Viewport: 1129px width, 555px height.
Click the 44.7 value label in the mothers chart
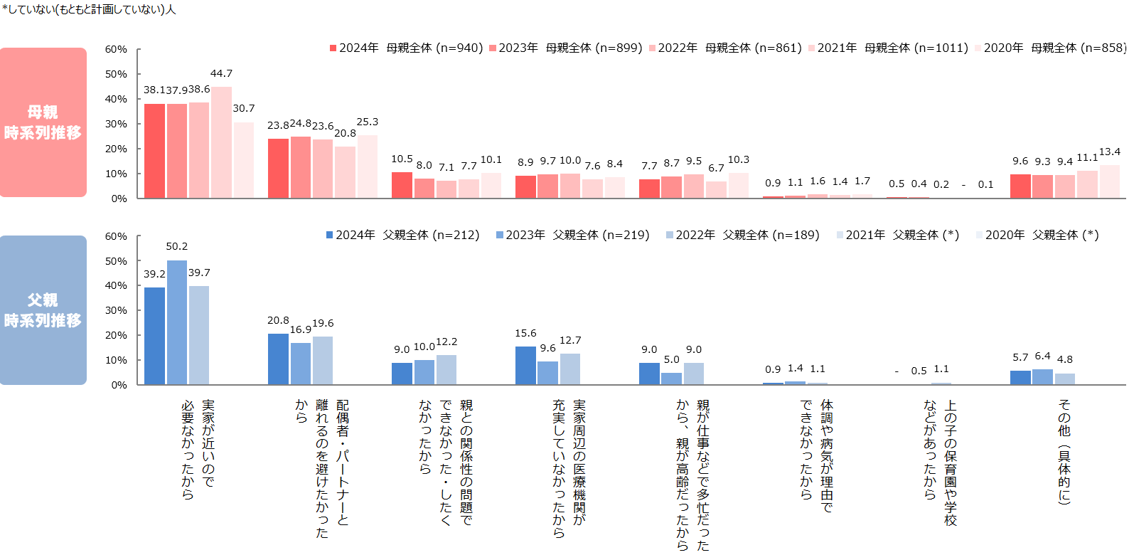tap(221, 73)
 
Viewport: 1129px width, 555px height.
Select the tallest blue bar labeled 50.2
tap(177, 322)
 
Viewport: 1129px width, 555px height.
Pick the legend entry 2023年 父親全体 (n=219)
tap(572, 235)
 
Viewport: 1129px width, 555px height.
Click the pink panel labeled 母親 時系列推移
tap(43, 122)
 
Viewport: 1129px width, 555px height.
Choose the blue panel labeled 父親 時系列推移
tap(43, 310)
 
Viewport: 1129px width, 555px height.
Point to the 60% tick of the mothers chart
tap(116, 49)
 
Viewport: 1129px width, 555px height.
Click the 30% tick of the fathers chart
tap(116, 310)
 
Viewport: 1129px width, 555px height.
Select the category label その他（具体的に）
tap(1064, 451)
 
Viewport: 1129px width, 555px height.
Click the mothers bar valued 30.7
tap(244, 160)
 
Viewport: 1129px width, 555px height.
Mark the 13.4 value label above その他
tap(1109, 152)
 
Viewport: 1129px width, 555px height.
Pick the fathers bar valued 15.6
tap(525, 365)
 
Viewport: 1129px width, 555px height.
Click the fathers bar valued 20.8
tap(278, 359)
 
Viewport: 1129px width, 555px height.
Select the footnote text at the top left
tap(89, 9)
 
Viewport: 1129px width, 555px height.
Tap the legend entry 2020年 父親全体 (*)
tap(1037, 235)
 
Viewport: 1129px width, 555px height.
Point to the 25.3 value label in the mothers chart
tap(367, 122)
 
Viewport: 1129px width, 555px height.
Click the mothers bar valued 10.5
tap(402, 185)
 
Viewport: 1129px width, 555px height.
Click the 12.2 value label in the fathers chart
tap(446, 342)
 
